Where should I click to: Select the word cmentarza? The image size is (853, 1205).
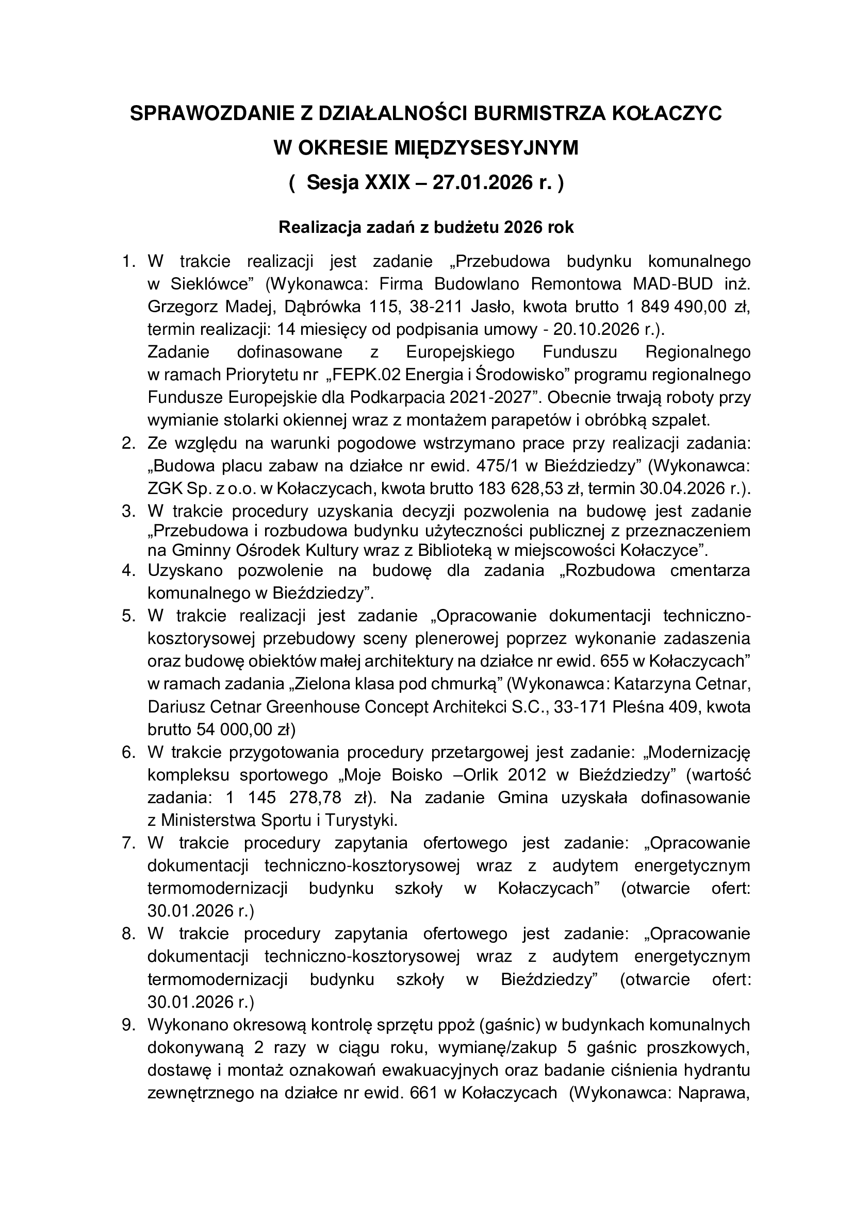point(710,570)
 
